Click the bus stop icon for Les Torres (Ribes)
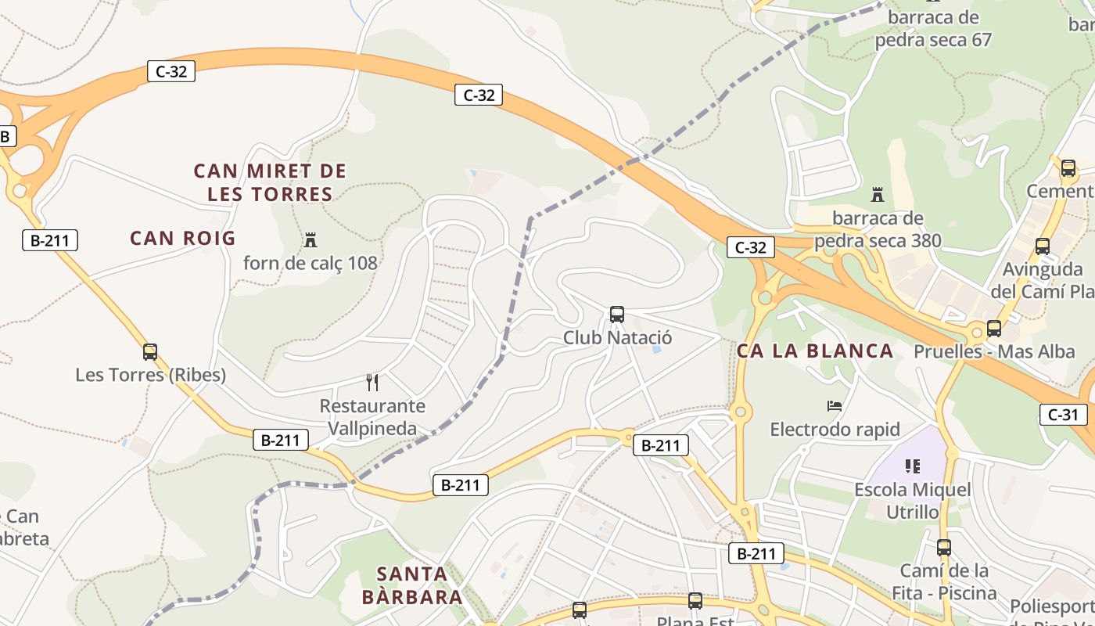[x=150, y=352]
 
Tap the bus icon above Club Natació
[x=617, y=315]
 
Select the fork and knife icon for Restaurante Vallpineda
[x=372, y=383]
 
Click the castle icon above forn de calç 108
[x=311, y=239]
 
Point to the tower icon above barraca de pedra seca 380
[x=878, y=194]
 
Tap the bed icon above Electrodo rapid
[x=835, y=406]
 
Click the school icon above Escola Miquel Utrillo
[x=912, y=466]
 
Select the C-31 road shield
[x=1062, y=414]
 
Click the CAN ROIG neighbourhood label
[x=182, y=238]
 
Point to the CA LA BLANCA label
[x=815, y=351]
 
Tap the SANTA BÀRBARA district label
[x=412, y=585]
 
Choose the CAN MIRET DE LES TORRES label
[x=270, y=182]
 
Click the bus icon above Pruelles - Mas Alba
[x=994, y=329]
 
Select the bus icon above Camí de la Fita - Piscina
[x=944, y=548]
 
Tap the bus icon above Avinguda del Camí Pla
[x=1043, y=246]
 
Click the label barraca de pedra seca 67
[x=933, y=28]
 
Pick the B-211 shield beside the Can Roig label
[x=50, y=240]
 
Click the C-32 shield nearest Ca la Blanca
[x=751, y=247]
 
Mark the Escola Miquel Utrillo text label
[x=913, y=501]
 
